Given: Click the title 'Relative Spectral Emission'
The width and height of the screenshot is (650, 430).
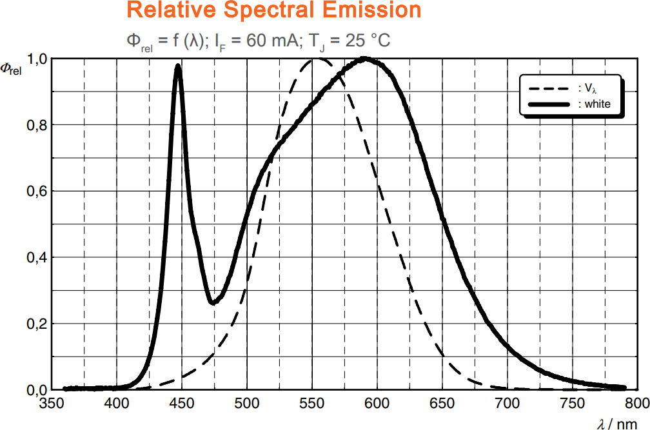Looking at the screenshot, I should [274, 10].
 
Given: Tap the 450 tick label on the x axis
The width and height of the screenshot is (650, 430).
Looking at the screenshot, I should [181, 404].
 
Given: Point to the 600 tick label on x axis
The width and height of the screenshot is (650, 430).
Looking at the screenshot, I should [377, 404].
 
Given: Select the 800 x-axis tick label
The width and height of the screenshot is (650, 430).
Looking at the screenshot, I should [637, 404].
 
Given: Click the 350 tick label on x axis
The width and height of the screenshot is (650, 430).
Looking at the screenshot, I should [51, 404].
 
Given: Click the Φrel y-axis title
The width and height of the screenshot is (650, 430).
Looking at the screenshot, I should [11, 69].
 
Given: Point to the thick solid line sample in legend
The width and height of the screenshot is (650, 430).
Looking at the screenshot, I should [549, 104].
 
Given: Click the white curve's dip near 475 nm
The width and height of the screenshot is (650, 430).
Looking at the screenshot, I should [212, 302].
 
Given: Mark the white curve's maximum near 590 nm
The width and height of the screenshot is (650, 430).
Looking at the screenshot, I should [365, 59].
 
